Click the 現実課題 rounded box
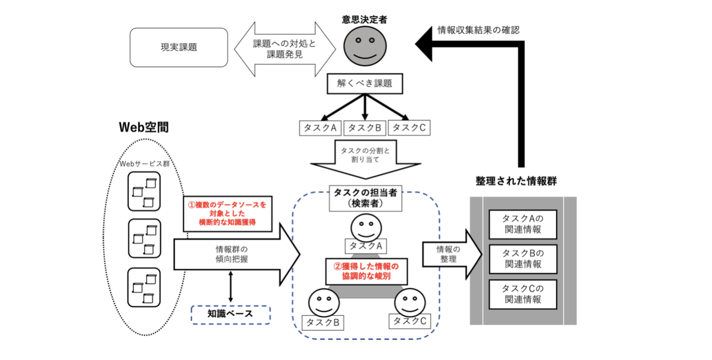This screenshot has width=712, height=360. pyautogui.click(x=179, y=48)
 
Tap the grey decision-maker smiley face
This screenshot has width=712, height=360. pyautogui.click(x=365, y=46)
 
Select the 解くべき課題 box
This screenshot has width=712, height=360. pyautogui.click(x=365, y=83)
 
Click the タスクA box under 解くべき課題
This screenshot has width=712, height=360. pyautogui.click(x=320, y=128)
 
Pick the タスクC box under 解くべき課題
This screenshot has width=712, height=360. pyautogui.click(x=409, y=128)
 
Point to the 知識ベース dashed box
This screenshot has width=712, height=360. pyautogui.click(x=230, y=315)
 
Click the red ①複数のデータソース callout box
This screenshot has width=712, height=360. pyautogui.click(x=227, y=214)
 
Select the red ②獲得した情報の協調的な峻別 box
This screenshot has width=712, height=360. pyautogui.click(x=366, y=271)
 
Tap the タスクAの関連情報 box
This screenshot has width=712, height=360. pyautogui.click(x=523, y=224)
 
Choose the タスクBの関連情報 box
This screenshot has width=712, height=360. pyautogui.click(x=523, y=259)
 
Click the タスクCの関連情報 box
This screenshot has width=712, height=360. pyautogui.click(x=523, y=294)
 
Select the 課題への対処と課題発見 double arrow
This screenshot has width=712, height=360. pyautogui.click(x=285, y=49)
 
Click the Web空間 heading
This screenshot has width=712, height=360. pyautogui.click(x=144, y=127)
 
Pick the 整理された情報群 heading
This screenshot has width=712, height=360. pyautogui.click(x=516, y=181)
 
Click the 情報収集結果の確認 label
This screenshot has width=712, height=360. pyautogui.click(x=478, y=30)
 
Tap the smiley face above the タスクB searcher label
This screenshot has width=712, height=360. pyautogui.click(x=324, y=302)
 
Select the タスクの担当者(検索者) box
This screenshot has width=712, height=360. pyautogui.click(x=365, y=198)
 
